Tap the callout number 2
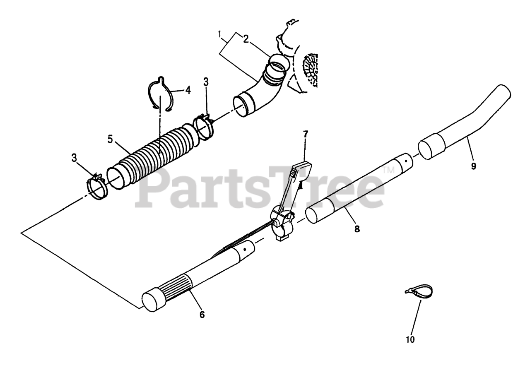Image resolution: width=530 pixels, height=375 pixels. [246, 39]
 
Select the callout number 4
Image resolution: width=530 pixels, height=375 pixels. [188, 90]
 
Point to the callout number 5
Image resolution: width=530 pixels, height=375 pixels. [110, 139]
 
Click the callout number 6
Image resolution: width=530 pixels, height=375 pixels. [202, 315]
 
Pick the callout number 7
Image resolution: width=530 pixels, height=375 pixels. [306, 134]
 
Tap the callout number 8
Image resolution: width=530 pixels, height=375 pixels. [357, 228]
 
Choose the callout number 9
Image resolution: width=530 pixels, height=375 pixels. [474, 166]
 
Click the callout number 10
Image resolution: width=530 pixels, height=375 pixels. [410, 340]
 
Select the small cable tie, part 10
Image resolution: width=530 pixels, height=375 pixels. [418, 289]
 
